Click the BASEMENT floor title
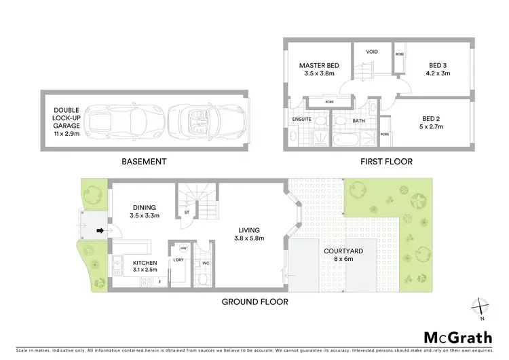[x=144, y=162]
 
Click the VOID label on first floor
[x=372, y=51]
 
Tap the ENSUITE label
[x=302, y=119]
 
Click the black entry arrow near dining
[x=99, y=230]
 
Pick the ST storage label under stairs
[x=187, y=213]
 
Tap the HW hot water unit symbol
[x=183, y=249]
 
